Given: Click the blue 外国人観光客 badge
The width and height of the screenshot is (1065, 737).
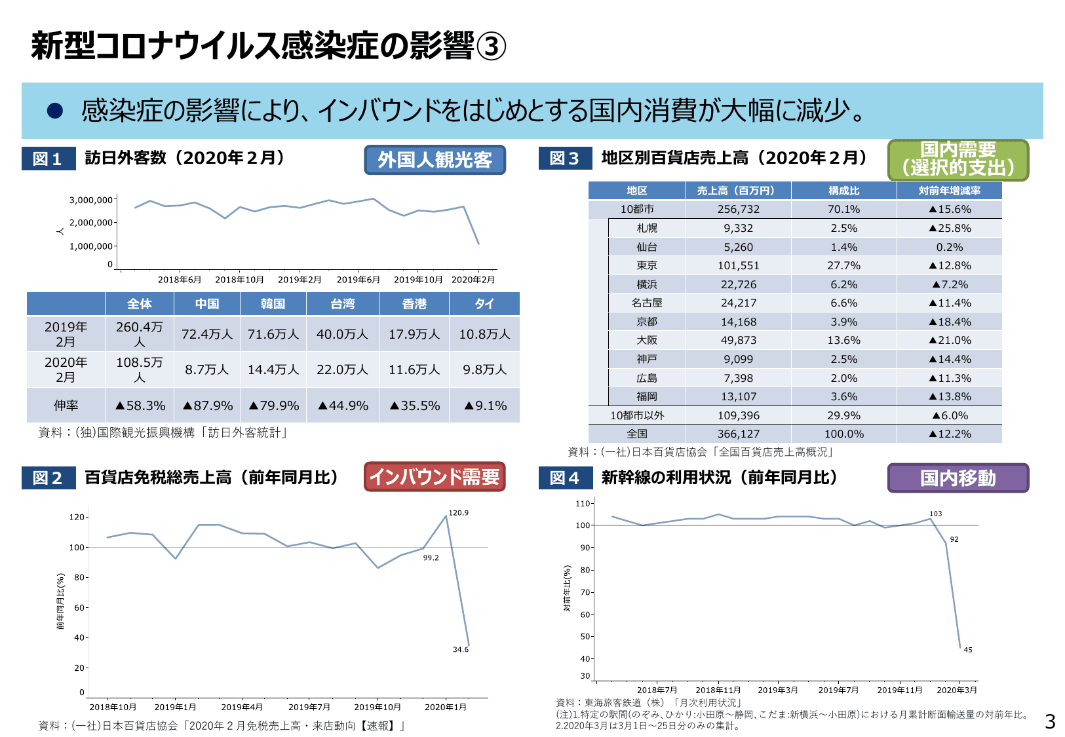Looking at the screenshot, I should [435, 160].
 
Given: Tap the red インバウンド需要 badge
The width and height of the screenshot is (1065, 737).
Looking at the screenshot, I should [435, 477].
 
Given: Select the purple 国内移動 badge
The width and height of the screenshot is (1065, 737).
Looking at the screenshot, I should [958, 478].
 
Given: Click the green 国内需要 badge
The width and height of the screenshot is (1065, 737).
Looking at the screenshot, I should [958, 159].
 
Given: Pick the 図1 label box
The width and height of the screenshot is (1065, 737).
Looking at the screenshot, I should [48, 159].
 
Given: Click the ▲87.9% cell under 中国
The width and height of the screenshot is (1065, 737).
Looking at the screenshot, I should [207, 406].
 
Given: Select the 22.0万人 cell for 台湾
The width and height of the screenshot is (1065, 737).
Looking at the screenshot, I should [342, 369].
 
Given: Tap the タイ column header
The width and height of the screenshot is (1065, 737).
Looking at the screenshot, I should [484, 304].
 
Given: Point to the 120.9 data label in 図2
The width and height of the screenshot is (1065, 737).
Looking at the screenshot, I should [458, 513].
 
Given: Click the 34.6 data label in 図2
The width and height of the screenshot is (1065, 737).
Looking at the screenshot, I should [460, 650].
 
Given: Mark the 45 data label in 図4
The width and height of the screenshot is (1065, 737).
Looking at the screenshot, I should [967, 650].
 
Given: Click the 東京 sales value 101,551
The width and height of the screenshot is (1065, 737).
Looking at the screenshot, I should [738, 265].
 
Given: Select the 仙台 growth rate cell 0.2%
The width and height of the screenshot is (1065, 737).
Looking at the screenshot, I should [949, 247].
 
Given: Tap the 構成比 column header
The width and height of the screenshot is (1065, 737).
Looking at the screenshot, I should [843, 191].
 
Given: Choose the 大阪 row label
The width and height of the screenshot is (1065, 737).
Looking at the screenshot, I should [646, 340].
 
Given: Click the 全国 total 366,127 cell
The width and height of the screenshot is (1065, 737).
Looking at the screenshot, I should [738, 434].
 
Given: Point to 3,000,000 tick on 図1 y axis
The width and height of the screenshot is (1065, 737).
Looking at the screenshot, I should [90, 200].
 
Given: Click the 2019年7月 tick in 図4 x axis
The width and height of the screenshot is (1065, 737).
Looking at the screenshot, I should [838, 690].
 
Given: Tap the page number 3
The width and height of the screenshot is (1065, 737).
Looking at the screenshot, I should [1049, 722].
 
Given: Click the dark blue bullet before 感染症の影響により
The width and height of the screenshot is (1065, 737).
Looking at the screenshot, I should [54, 111].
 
